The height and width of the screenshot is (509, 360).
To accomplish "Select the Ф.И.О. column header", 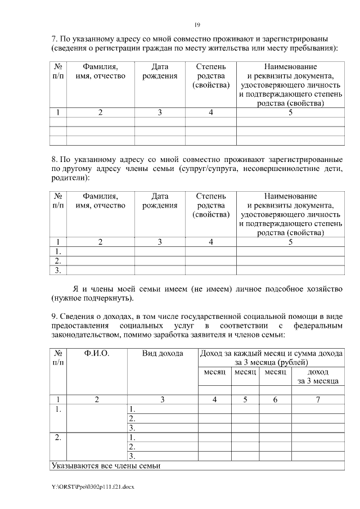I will (96, 353).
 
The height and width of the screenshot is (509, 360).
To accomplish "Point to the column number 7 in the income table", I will (318, 400).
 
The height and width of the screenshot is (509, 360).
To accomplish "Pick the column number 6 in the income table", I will (275, 400).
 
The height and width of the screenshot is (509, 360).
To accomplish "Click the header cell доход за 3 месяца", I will (318, 377).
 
